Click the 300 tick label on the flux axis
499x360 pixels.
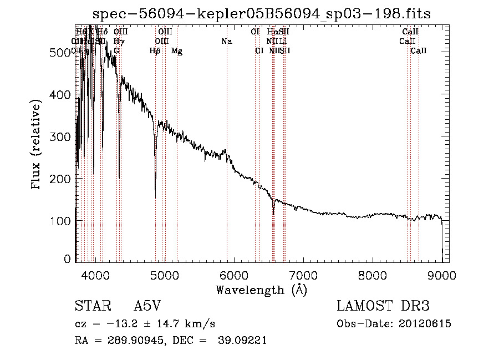[62, 136]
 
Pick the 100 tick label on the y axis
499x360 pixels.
[62, 221]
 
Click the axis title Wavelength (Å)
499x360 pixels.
[261, 289]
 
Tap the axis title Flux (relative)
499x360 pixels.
[37, 146]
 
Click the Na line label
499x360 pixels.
[226, 41]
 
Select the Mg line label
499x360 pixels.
[177, 51]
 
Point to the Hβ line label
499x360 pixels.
[155, 51]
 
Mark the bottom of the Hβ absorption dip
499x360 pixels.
[155, 197]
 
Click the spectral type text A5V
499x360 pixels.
[149, 306]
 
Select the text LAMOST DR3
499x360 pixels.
[383, 306]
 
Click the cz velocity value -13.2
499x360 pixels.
[117, 324]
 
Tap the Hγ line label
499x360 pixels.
[119, 41]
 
